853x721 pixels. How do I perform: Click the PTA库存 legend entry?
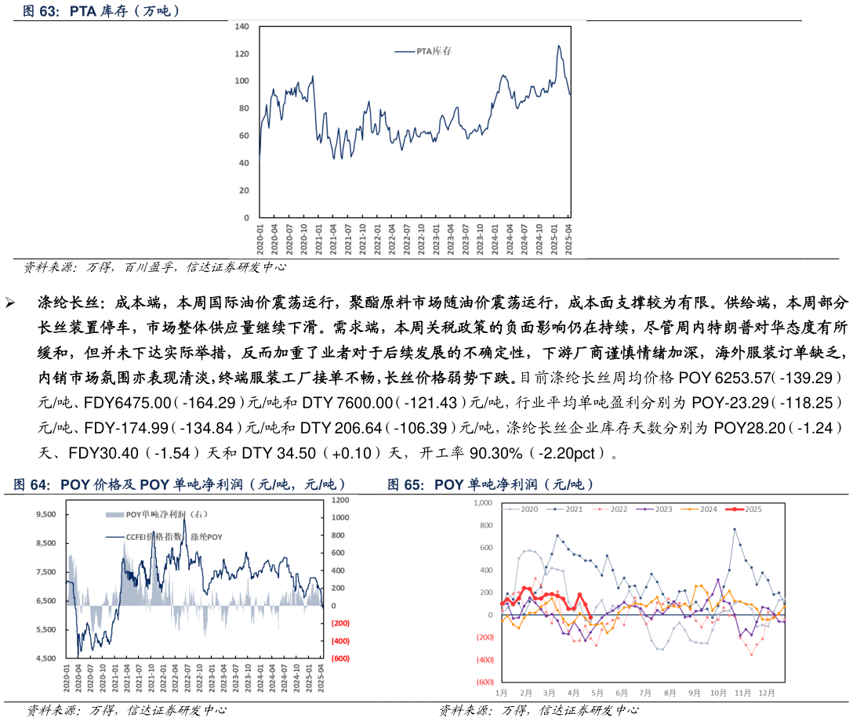(423, 52)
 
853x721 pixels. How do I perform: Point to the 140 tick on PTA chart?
(242, 27)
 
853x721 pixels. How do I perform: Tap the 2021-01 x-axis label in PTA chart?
(319, 237)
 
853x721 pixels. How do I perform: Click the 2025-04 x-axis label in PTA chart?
(569, 237)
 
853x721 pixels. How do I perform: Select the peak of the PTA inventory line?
(559, 45)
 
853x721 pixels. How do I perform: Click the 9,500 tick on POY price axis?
(46, 514)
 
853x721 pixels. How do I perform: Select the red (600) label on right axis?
(340, 658)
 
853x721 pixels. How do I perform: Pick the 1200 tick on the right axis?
(339, 500)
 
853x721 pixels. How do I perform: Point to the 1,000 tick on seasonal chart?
(482, 502)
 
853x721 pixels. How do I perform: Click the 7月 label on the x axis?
(645, 694)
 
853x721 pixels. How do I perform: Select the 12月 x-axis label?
(766, 694)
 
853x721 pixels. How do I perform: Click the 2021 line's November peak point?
(735, 529)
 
